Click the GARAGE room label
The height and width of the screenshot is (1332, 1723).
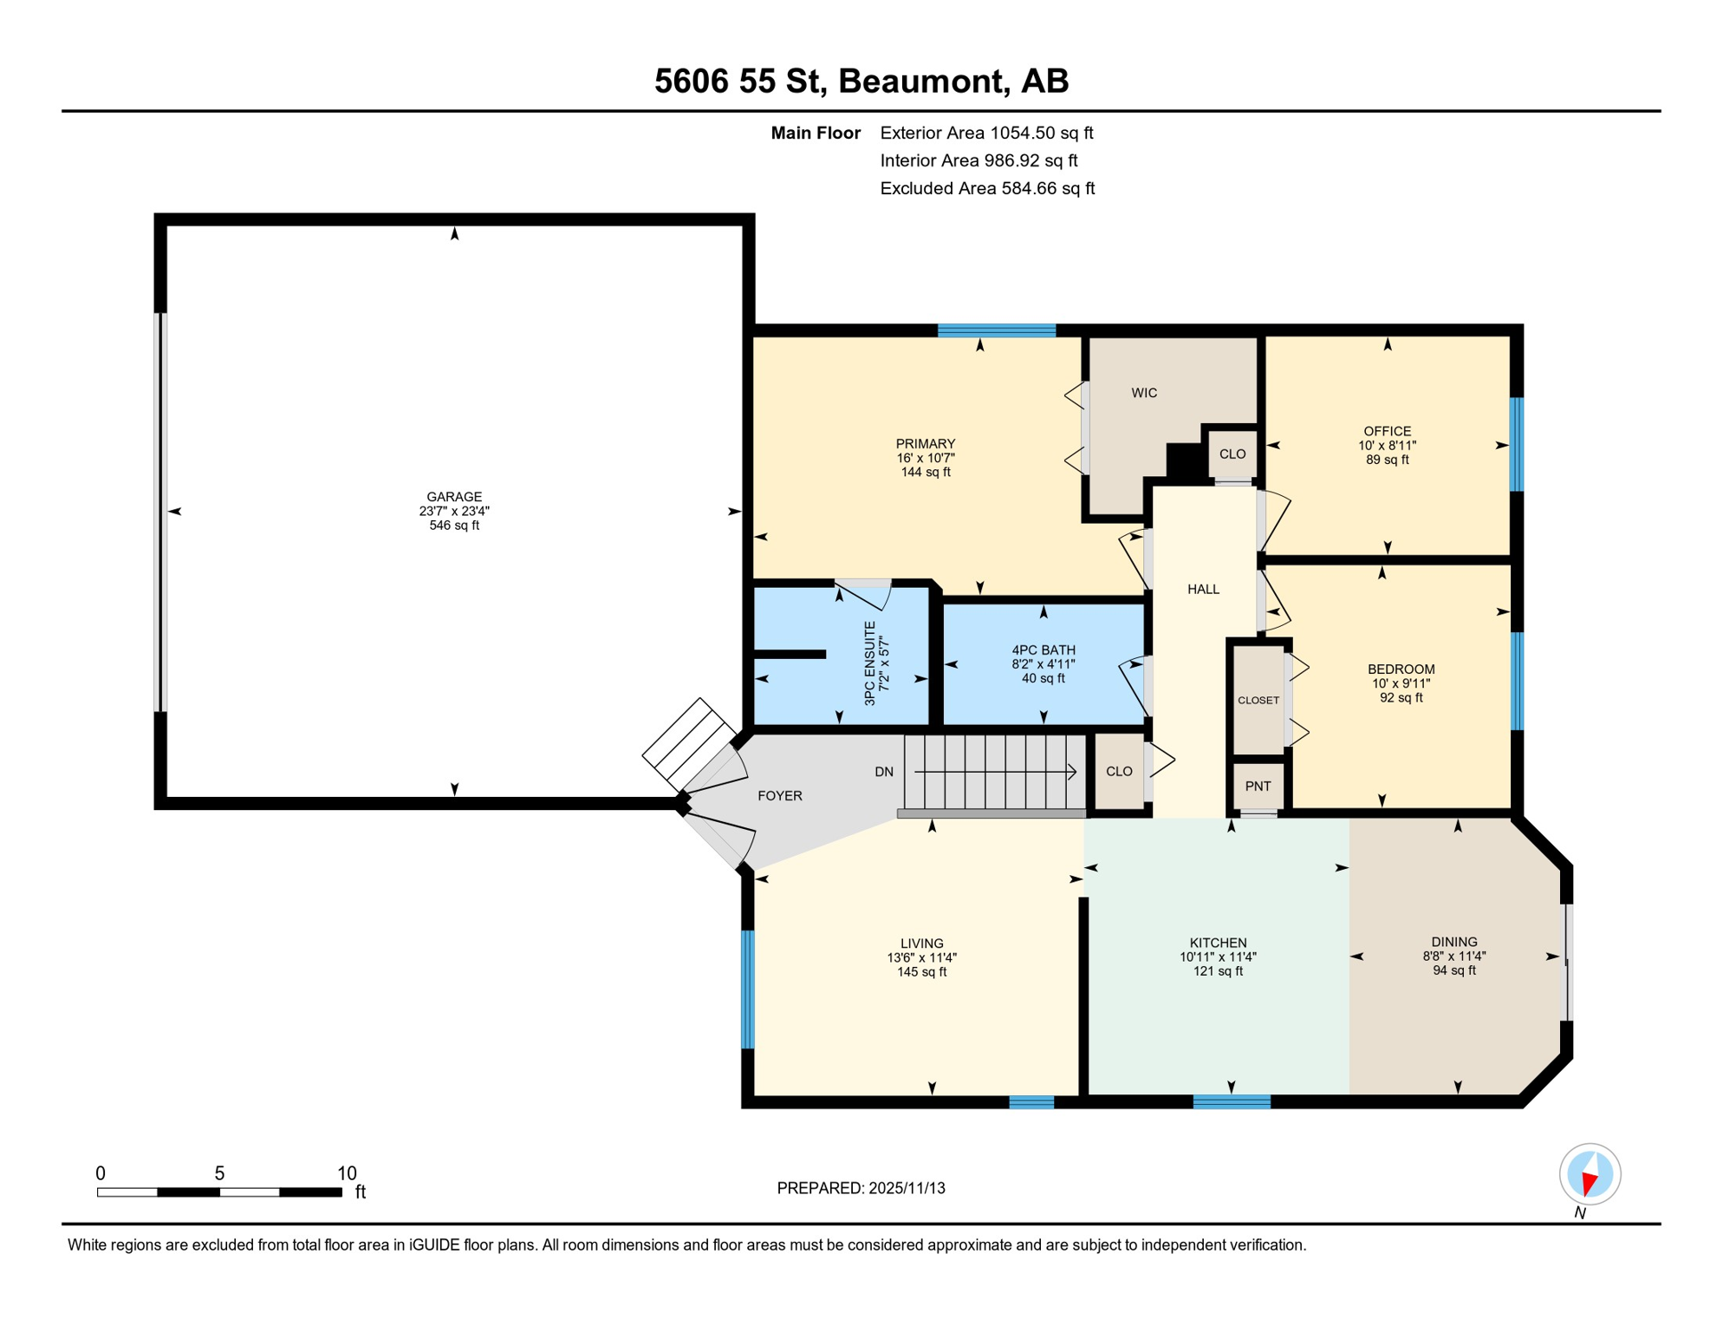(454, 497)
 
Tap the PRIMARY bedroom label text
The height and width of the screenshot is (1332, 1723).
(926, 444)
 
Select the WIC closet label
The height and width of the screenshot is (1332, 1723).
(1144, 393)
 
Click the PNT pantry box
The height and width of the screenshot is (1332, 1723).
(1258, 787)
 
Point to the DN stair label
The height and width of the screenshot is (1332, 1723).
(884, 772)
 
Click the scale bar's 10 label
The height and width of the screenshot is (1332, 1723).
(347, 1173)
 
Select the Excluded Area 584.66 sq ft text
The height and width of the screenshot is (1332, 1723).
(987, 188)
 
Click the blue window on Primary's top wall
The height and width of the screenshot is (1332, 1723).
(997, 330)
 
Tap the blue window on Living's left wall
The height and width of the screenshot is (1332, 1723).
(748, 989)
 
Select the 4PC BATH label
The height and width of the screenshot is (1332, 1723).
(1044, 650)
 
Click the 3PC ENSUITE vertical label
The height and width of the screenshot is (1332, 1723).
(870, 663)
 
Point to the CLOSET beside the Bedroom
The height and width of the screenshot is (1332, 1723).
(1258, 700)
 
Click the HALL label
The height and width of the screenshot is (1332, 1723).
(1203, 590)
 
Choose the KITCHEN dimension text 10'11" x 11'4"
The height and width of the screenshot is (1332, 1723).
(1218, 957)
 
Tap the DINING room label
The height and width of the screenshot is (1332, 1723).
(1454, 942)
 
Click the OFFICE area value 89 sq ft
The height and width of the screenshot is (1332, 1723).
(1388, 460)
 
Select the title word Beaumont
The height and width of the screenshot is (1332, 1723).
(924, 81)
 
